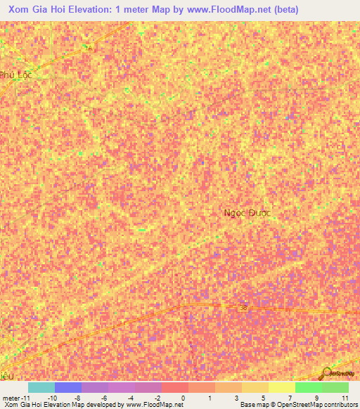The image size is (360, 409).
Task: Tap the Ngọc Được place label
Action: point(247,212)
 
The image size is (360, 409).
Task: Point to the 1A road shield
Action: point(88,47)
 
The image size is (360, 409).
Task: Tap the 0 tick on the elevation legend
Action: point(184,398)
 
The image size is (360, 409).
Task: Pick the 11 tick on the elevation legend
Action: point(345,398)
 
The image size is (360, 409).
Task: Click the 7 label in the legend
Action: point(290,398)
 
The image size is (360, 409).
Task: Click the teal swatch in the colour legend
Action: point(41,387)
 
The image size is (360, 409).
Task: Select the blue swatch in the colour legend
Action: point(68,387)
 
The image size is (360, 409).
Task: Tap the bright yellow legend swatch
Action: point(281,387)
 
